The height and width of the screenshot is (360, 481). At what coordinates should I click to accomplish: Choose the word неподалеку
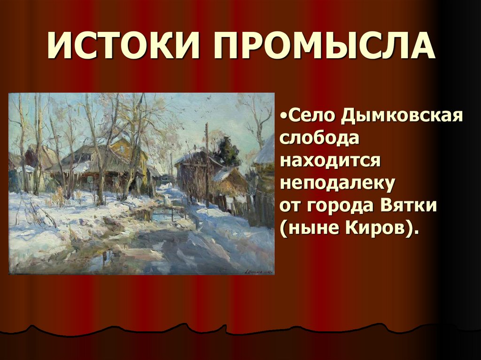pyautogui.click(x=337, y=184)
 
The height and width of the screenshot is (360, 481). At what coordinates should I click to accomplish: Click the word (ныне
pyautogui.click(x=308, y=230)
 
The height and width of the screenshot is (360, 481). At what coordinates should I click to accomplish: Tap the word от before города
pyautogui.click(x=291, y=207)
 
